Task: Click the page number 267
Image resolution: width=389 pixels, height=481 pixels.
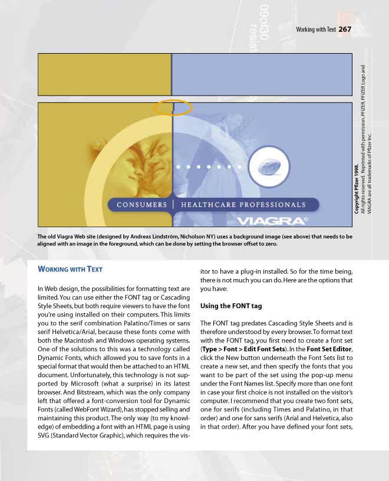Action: coord(345,29)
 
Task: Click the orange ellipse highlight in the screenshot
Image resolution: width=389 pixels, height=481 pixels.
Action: coord(173,107)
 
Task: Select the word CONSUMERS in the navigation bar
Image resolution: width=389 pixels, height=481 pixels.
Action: coord(142,205)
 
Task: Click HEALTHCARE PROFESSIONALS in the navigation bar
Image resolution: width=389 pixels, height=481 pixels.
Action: coord(243,205)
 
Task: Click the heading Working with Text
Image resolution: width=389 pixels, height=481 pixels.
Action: coord(70,269)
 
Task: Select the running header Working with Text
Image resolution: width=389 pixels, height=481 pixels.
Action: coord(315,30)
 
